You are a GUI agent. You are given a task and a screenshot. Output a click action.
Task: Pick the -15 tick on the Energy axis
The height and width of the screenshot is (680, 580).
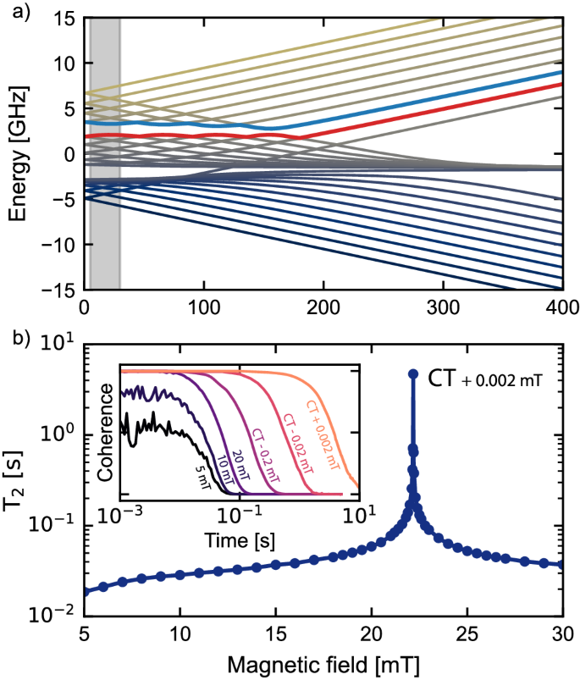coord(58,290)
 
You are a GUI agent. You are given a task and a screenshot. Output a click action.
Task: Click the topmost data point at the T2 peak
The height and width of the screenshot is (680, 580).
coord(413,373)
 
